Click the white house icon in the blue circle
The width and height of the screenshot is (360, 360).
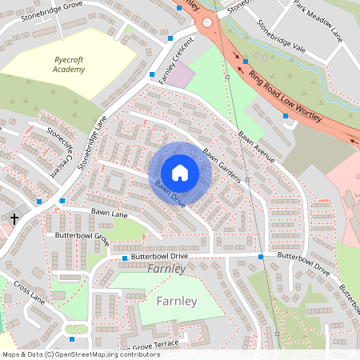tap(180, 172)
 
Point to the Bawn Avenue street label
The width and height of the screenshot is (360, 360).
tap(255, 146)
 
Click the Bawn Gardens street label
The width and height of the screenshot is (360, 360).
tap(222, 165)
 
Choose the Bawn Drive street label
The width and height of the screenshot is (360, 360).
tap(170, 194)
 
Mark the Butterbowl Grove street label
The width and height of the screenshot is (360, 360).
tap(82, 236)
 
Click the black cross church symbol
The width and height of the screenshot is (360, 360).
tap(14, 218)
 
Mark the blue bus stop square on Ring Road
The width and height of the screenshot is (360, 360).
tap(246, 61)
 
